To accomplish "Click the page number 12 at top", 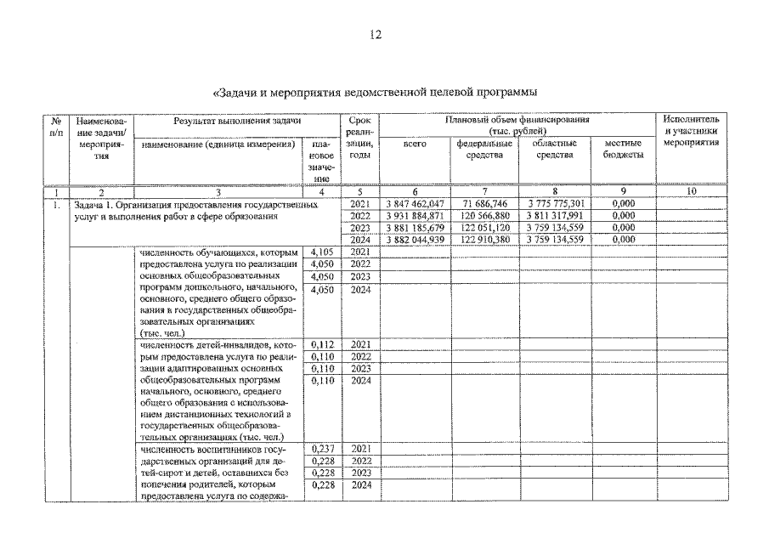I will coord(376,35).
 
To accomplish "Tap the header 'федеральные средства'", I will coord(483,150).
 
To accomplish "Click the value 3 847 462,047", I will coord(414,205).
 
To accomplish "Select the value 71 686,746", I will coord(483,205).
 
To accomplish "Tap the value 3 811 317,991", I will coord(553,217).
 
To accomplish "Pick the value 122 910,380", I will coord(483,241).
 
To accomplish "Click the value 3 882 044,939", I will coord(414,241).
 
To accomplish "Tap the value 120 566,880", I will coord(483,217).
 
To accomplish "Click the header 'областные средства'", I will coord(554,150).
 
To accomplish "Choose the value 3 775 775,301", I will coord(553,205).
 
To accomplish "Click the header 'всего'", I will coord(414,144).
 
